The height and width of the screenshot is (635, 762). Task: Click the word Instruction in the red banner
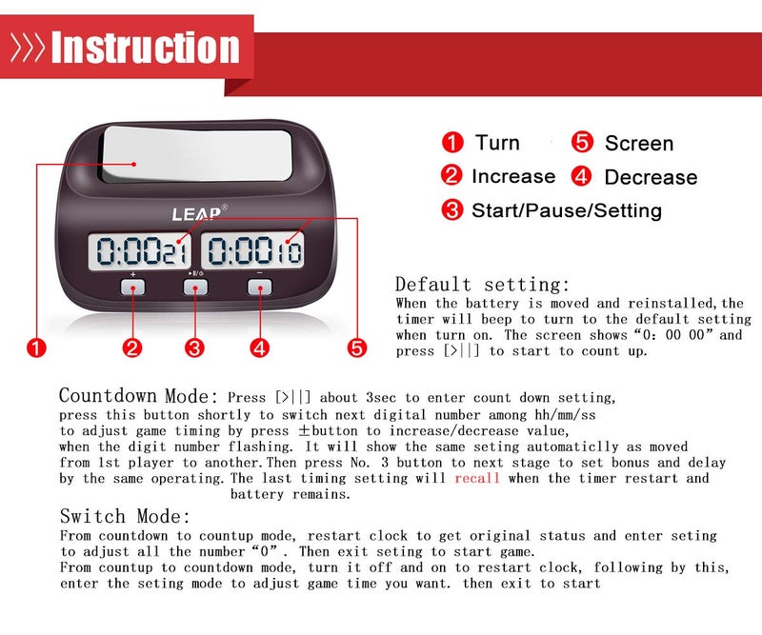tap(145, 48)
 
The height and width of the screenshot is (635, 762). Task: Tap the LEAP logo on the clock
tap(197, 212)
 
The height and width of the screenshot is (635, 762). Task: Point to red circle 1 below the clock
tap(36, 347)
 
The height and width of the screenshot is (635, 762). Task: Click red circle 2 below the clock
tap(132, 347)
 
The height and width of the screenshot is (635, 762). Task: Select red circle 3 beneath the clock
tap(195, 347)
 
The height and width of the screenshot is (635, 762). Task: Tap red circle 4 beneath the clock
tap(259, 347)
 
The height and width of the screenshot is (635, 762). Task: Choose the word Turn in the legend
tap(497, 143)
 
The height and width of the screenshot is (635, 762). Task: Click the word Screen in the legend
tap(638, 144)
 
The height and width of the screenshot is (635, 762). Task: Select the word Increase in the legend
tap(512, 176)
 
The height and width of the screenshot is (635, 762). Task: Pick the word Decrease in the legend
tap(651, 177)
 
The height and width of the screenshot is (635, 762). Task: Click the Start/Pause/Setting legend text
tap(566, 210)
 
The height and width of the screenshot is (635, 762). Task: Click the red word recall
tap(477, 478)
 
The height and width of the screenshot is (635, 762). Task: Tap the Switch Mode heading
tap(125, 517)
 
